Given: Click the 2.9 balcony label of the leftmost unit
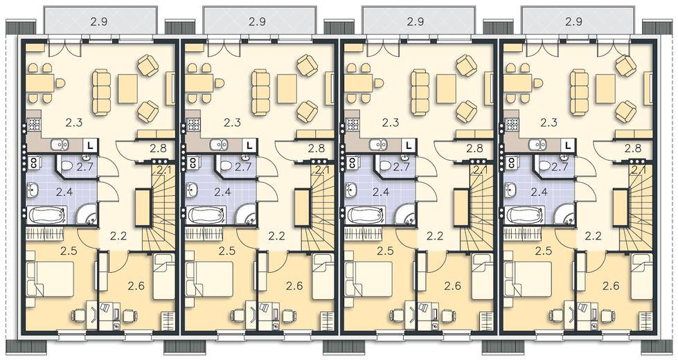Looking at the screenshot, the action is [99, 21].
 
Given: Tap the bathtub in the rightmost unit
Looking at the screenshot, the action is [524, 215].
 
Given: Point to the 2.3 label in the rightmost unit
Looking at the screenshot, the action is [549, 123].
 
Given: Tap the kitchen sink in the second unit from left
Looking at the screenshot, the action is [218, 144].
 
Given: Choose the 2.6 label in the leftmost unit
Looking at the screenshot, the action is [136, 286].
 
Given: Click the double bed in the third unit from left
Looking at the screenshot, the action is [367, 279].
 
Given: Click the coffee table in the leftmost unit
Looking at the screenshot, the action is [128, 89].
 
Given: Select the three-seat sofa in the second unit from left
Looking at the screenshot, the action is [260, 93].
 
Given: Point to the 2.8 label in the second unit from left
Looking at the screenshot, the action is [316, 149].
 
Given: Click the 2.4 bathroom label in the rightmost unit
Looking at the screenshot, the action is [539, 192].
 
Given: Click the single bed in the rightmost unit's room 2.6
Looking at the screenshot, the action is [641, 277].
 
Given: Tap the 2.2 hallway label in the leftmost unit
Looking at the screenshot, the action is [118, 236].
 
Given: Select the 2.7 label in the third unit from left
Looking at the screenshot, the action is [401, 167].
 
